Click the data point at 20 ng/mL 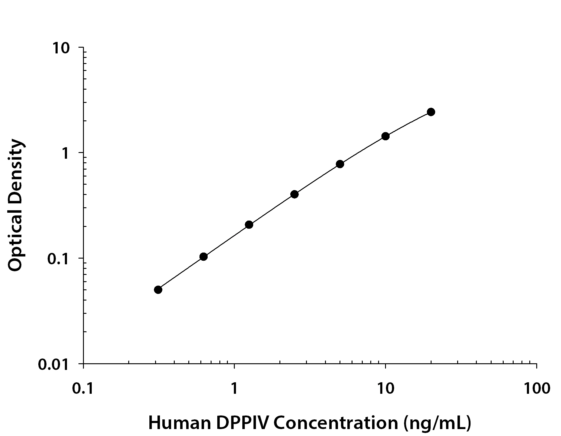(431, 112)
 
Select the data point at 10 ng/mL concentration (385, 136)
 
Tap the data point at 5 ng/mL (340, 164)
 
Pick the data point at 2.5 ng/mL (295, 194)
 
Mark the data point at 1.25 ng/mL (249, 224)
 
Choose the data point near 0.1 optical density (203, 257)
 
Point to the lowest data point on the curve (158, 290)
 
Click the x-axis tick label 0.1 (83, 388)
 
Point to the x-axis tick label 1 (234, 388)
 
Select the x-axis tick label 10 (385, 388)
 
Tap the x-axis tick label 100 (537, 388)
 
